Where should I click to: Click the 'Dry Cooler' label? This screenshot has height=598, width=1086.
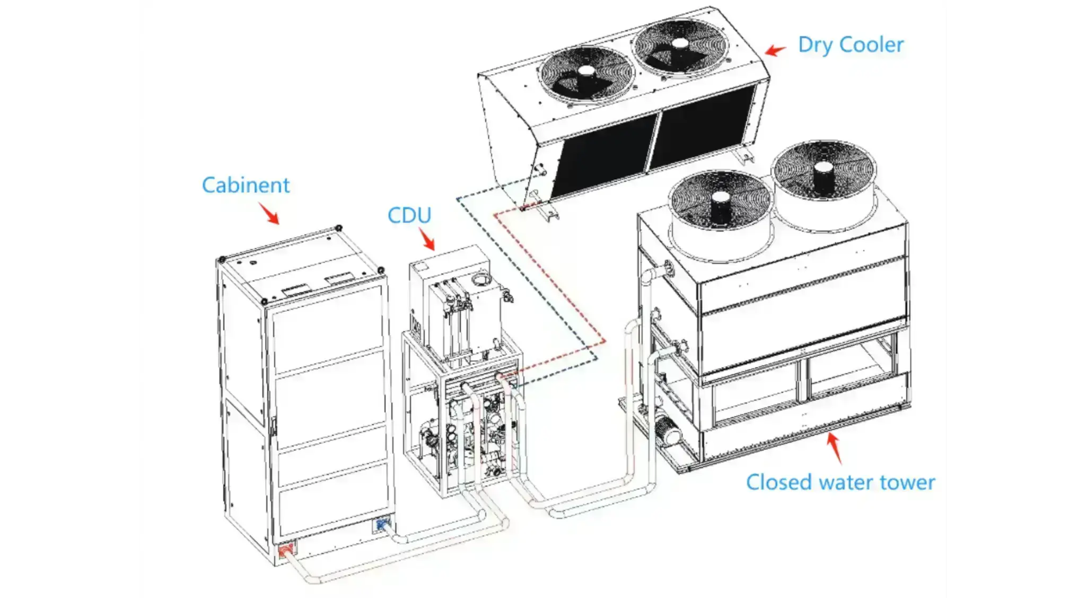[850, 45]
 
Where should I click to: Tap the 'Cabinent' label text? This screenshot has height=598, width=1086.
[246, 185]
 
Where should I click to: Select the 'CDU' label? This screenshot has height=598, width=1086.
[409, 215]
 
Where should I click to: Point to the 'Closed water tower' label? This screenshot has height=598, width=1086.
[840, 482]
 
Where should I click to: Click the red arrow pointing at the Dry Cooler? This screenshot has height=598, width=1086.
[775, 50]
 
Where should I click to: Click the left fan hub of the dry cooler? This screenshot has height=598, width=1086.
[586, 71]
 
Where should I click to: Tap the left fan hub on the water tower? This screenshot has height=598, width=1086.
[720, 199]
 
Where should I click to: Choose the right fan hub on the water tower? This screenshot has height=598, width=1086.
[823, 169]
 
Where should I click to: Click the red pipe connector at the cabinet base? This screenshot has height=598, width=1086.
[285, 550]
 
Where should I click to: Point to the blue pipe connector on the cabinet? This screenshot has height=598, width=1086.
[381, 525]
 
